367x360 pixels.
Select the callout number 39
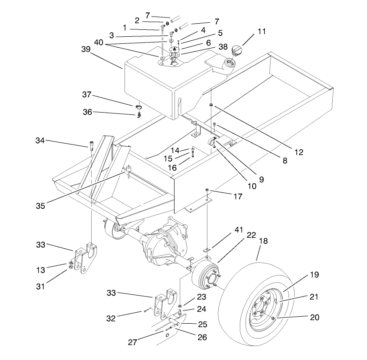coord(86,50)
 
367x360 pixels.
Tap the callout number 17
coord(238,197)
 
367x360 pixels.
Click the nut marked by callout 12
coord(211,105)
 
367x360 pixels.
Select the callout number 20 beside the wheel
coord(314,317)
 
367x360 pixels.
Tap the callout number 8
coord(285,160)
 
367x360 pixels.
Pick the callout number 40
coord(99,42)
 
